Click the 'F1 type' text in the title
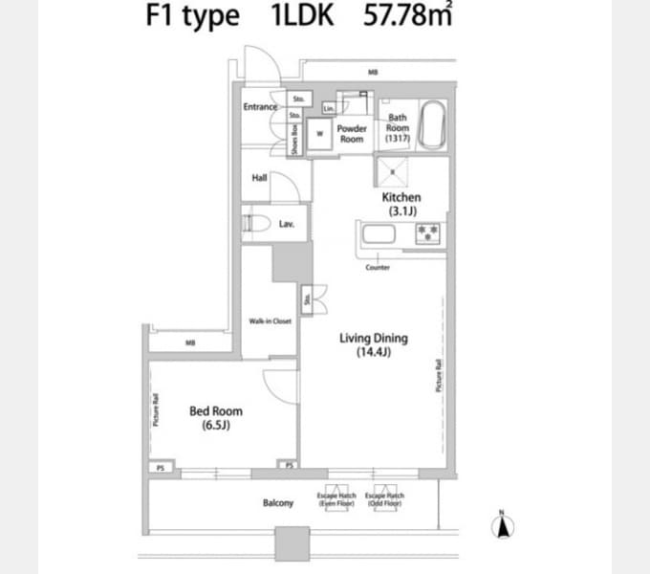(x=193, y=18)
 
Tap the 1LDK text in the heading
(x=303, y=18)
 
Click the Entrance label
(x=259, y=107)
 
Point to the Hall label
(x=259, y=177)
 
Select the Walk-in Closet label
(x=270, y=321)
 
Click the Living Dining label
(x=374, y=344)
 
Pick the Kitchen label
(x=401, y=203)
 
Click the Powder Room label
(x=352, y=133)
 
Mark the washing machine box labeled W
(x=319, y=133)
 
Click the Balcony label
(x=277, y=503)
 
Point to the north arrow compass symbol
(x=503, y=525)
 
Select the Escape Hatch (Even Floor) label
(x=337, y=499)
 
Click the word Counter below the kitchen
(x=378, y=268)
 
